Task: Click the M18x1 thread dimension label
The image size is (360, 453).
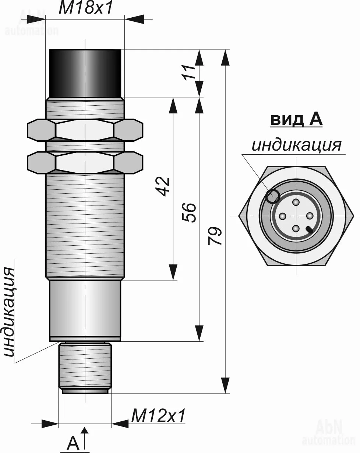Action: coord(86,8)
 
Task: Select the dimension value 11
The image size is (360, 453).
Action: coord(189,73)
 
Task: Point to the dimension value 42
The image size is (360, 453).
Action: coord(162,187)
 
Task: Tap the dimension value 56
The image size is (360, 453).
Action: coord(189,213)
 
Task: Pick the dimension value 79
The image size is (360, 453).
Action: coord(215,236)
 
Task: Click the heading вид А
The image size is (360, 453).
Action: coord(296,120)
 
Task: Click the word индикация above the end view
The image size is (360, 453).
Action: coord(296,145)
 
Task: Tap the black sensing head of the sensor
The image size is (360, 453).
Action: coord(85,73)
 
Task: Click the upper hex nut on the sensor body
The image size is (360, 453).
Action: coord(85,130)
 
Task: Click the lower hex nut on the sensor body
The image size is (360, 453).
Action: coord(85,162)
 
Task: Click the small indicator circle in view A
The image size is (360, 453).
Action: coord(272,196)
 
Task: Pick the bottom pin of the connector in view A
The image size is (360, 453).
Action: coord(296,228)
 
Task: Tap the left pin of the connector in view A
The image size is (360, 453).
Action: coord(283,216)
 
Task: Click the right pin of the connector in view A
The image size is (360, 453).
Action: coord(310,216)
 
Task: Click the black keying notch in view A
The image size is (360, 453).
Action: coord(310,230)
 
